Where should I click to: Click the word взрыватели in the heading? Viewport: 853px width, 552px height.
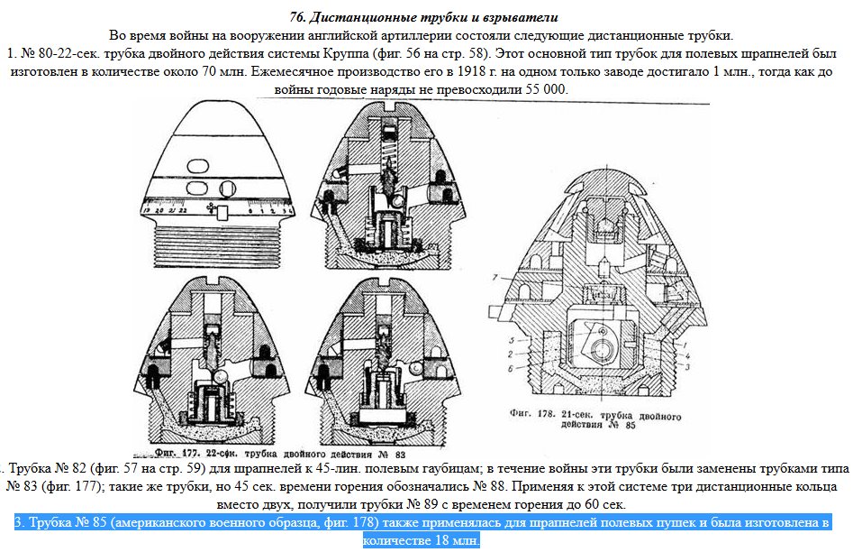[x=517, y=17]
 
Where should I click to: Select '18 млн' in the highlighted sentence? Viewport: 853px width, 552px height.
[x=453, y=539]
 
